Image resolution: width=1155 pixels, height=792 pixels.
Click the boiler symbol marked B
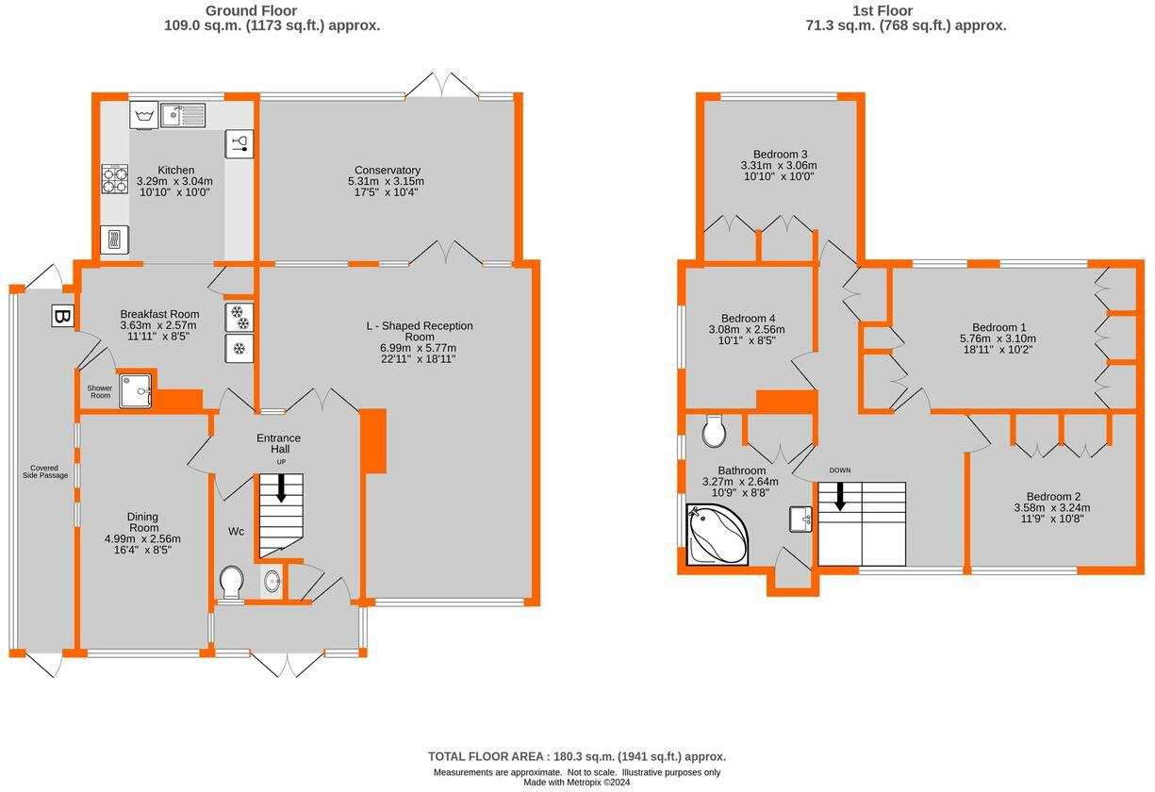[x=63, y=316]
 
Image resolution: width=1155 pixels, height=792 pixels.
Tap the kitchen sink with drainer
[x=183, y=115]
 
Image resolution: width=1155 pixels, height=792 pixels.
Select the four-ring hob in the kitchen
[x=114, y=179]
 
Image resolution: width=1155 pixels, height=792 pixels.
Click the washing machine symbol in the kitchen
[x=144, y=115]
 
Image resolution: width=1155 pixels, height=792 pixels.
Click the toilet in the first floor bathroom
[x=714, y=431]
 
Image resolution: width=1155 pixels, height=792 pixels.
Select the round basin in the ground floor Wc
[x=272, y=582]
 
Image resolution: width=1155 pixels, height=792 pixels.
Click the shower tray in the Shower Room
[x=135, y=391]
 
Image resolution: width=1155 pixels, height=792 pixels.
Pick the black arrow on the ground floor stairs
[x=281, y=487]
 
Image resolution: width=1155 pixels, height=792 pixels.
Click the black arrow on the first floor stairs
[x=840, y=496]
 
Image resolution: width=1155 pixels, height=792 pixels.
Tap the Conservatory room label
[x=388, y=170]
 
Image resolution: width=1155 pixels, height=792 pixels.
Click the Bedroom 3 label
[x=780, y=154]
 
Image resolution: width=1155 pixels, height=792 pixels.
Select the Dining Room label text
[x=142, y=521]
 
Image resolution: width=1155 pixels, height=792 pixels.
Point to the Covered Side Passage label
[x=45, y=471]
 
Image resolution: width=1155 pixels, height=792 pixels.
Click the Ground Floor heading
[x=251, y=10]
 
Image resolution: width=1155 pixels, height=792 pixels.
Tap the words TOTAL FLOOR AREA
[x=486, y=756]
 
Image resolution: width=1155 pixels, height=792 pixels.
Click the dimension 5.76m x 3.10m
[x=998, y=338]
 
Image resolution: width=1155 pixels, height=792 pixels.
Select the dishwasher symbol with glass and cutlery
[x=239, y=144]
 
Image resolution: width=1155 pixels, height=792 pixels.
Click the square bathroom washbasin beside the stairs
[x=800, y=519]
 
